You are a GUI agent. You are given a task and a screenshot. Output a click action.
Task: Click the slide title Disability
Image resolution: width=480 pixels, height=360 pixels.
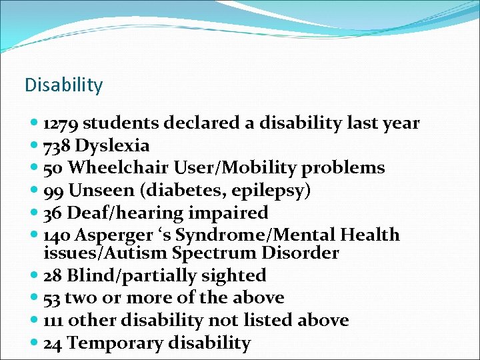(x=63, y=85)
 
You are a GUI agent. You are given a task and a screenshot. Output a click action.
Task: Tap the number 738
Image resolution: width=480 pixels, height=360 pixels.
(x=57, y=146)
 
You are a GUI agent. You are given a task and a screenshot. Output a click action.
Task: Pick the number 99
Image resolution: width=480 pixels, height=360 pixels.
(x=53, y=191)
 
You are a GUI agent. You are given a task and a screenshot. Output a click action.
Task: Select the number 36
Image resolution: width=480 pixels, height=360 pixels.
(x=53, y=213)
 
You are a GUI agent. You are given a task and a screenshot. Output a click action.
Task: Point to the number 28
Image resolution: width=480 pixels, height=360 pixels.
(x=53, y=276)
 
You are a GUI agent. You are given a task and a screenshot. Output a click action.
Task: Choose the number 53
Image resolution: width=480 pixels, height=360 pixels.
(x=53, y=298)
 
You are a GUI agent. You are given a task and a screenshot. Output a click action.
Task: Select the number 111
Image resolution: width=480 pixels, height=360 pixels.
(x=53, y=321)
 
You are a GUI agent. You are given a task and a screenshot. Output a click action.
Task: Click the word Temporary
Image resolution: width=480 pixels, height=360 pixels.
(x=115, y=343)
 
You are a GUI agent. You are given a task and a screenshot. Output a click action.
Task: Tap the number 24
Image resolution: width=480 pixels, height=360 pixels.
(x=53, y=343)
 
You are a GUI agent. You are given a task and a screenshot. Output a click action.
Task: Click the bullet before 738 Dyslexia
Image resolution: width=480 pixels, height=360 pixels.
(x=34, y=146)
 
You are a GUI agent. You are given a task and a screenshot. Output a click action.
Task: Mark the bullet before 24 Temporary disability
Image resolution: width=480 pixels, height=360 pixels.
(x=34, y=343)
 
